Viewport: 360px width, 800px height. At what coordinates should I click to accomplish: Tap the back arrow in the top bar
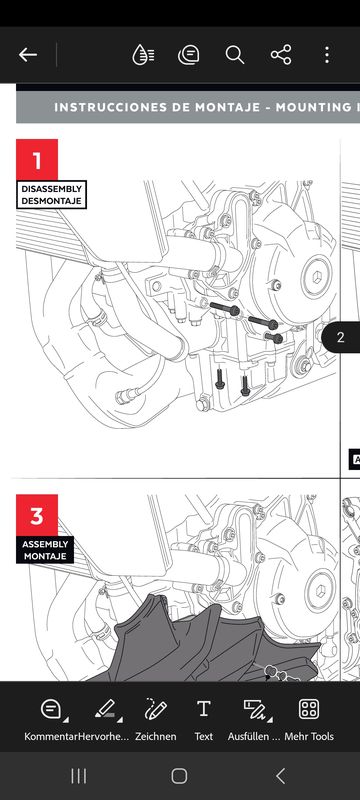click(28, 55)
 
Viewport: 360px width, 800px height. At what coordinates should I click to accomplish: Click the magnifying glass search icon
click(235, 55)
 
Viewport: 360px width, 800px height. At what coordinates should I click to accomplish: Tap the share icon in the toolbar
click(281, 55)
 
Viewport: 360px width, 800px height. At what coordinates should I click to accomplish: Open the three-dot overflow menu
click(327, 55)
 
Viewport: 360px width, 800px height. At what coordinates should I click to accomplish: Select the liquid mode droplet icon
click(143, 55)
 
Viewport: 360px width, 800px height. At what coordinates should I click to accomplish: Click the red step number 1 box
click(37, 160)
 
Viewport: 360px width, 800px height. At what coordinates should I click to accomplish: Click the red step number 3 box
click(37, 515)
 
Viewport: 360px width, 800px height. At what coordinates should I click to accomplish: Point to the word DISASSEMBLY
click(52, 189)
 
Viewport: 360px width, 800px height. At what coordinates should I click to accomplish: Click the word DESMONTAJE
click(52, 201)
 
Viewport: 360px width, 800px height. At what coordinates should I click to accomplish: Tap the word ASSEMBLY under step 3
click(45, 544)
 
